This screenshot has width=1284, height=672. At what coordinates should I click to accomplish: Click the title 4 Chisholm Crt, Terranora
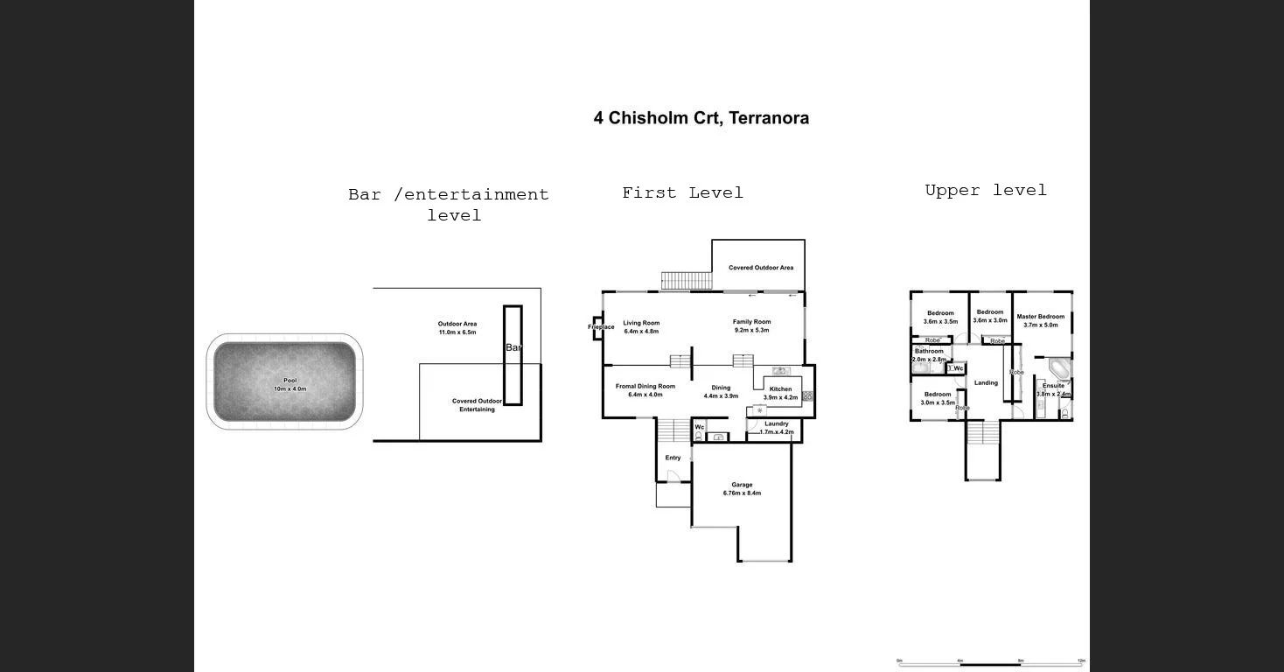(x=701, y=118)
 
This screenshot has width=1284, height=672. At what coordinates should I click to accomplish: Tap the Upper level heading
(x=986, y=190)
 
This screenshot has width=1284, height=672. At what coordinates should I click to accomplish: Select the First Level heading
(x=682, y=192)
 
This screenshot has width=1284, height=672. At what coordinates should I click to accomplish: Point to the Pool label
(x=290, y=381)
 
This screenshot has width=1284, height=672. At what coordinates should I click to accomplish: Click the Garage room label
(x=742, y=485)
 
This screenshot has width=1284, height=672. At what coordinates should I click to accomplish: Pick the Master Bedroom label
(x=1041, y=317)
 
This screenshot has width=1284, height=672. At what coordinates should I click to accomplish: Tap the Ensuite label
(x=1053, y=386)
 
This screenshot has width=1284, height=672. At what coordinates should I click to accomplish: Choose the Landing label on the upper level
(x=986, y=382)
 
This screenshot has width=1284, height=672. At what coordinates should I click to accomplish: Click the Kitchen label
(x=780, y=389)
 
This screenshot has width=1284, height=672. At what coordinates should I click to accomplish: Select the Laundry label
(x=776, y=424)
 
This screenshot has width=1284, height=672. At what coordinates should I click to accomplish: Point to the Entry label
(x=673, y=458)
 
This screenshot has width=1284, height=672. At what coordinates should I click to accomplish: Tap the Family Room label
(x=751, y=322)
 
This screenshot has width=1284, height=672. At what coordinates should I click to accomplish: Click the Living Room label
(x=641, y=324)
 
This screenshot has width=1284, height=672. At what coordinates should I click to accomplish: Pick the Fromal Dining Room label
(x=645, y=386)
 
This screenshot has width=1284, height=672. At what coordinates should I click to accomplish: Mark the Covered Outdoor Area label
(x=761, y=268)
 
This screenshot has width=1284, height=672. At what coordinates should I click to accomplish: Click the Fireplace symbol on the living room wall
(x=597, y=327)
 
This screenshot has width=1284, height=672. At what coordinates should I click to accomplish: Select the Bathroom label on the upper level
(x=929, y=352)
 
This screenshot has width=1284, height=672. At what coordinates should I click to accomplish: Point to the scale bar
(x=990, y=663)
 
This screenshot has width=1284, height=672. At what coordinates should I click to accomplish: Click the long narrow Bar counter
(x=513, y=354)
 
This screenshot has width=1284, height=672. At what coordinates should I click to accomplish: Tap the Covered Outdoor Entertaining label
(x=477, y=405)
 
